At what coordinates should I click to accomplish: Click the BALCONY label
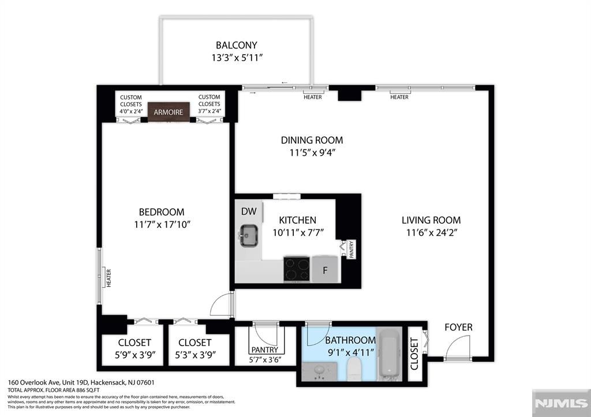coord(236,45)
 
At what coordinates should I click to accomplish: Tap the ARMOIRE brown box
coord(169,112)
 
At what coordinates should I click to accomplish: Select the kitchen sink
coord(249,235)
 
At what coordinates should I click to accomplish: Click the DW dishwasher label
coord(249,211)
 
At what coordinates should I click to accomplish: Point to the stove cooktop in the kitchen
coord(297,269)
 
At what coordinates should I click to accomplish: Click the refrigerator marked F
coord(325,269)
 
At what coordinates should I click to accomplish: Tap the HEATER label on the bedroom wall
coord(109,278)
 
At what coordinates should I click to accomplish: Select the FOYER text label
coord(458,327)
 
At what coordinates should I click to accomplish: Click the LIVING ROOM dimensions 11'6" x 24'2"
coord(432,232)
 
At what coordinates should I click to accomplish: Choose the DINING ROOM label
coord(312,140)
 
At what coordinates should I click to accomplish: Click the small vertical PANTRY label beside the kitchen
coord(351,249)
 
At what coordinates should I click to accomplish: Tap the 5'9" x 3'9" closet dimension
coord(135,355)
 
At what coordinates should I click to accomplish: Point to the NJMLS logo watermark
coord(561,403)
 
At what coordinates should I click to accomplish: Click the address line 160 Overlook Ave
coord(81,382)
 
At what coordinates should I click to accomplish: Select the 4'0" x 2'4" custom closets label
coord(131,111)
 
